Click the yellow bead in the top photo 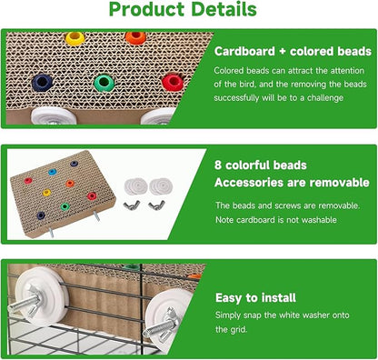pos(75,39)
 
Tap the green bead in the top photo pos(104,83)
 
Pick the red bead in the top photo pos(173,82)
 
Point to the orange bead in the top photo pos(135,38)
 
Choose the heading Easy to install pos(257,297)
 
